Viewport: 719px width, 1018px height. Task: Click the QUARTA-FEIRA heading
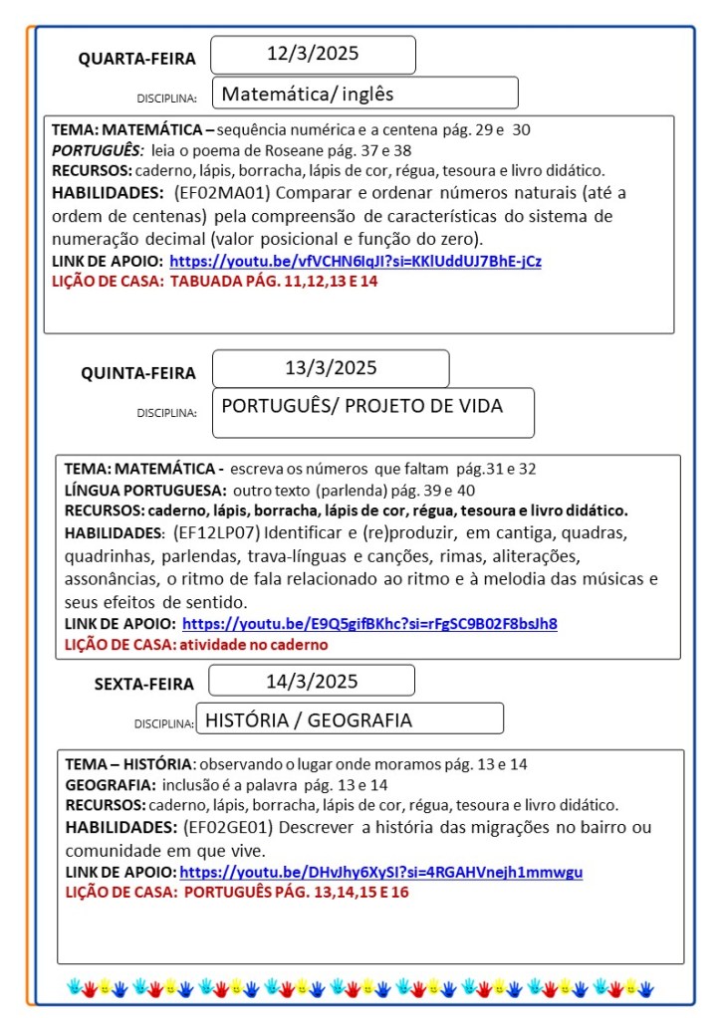pos(137,59)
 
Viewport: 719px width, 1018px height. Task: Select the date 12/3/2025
pos(313,54)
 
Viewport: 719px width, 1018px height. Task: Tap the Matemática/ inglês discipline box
pos(364,94)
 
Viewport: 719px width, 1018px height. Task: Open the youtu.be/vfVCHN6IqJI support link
pos(356,262)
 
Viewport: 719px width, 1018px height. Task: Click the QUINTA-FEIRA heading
pos(138,373)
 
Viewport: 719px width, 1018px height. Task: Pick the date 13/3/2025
pos(331,367)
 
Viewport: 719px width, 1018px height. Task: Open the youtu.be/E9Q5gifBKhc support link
pos(369,624)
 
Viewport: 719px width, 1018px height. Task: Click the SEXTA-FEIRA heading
pos(143,684)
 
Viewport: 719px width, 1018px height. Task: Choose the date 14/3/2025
pos(312,681)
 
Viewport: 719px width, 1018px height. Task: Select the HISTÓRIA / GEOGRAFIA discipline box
pos(349,718)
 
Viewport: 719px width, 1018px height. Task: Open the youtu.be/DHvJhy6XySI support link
pos(380,873)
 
